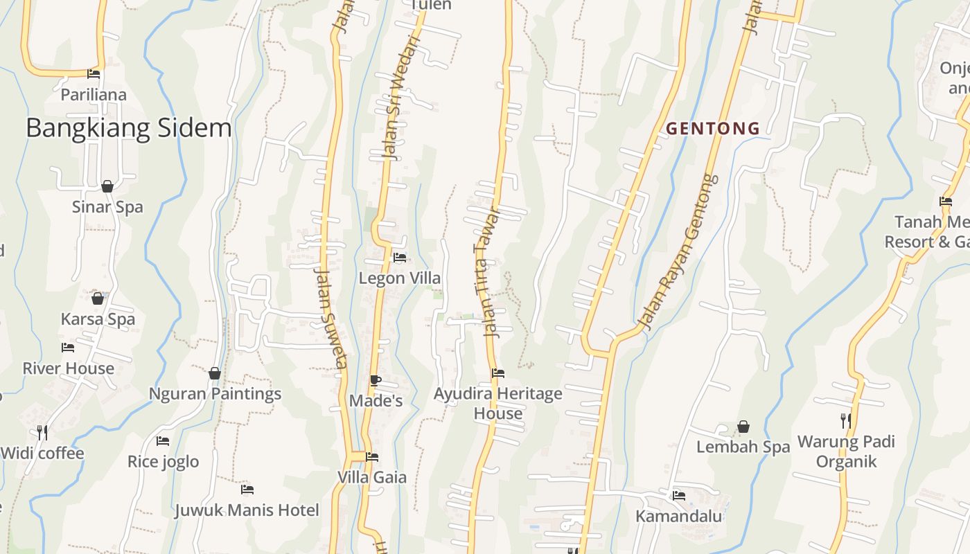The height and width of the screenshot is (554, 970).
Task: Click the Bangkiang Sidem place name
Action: click(129, 128)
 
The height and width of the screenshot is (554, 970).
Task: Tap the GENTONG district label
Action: click(713, 128)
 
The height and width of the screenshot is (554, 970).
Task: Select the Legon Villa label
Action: click(399, 278)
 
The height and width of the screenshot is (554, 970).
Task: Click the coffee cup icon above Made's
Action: click(375, 380)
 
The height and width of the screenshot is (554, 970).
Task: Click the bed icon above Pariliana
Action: click(94, 74)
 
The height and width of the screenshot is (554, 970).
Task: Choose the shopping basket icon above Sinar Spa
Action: click(107, 186)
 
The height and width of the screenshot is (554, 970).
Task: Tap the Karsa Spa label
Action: click(98, 319)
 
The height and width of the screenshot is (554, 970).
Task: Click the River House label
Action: click(68, 368)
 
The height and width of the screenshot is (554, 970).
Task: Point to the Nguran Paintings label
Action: click(215, 393)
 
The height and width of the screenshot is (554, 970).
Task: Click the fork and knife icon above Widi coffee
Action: click(42, 433)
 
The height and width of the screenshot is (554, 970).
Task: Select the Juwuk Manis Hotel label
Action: click(247, 510)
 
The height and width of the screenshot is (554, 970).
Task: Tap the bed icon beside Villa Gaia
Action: click(372, 457)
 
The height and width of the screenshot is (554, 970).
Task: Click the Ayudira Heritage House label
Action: click(497, 403)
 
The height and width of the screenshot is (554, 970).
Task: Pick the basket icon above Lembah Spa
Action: click(743, 427)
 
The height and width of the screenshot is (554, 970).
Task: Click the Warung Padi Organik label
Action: click(846, 452)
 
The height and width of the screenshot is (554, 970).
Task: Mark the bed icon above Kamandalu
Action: click(679, 496)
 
